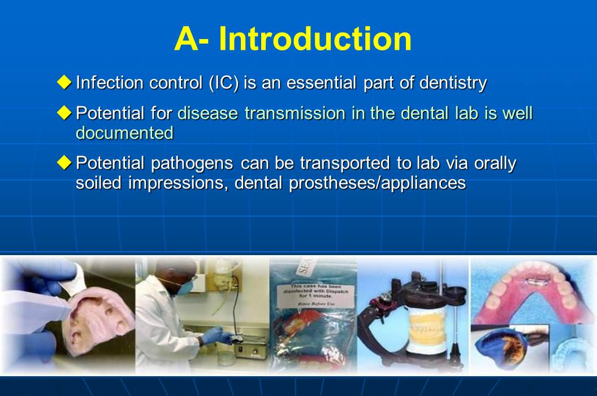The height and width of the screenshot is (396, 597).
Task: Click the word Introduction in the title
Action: click(x=315, y=39)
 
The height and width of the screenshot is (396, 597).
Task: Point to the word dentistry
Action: click(x=453, y=83)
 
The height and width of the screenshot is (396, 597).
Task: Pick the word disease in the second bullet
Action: click(x=208, y=113)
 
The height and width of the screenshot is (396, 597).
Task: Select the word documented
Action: click(x=124, y=133)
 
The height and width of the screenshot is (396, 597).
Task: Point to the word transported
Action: click(x=343, y=163)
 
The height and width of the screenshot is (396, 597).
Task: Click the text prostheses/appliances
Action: click(x=377, y=183)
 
